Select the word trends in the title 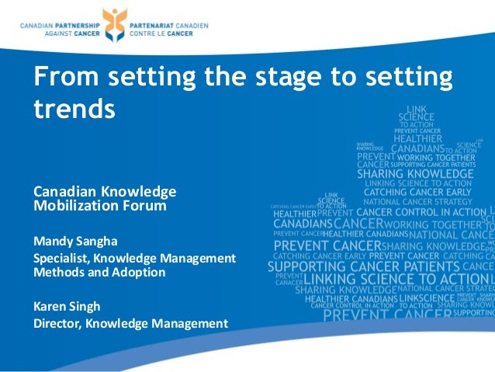74,108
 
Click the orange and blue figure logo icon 114,27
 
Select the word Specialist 61,257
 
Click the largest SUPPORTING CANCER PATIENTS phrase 368,266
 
